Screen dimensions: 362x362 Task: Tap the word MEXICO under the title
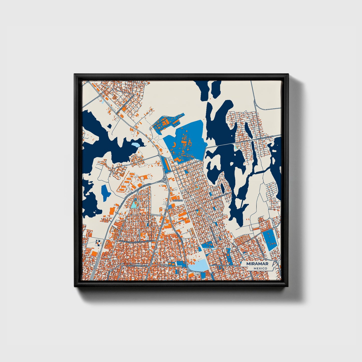click(260, 268)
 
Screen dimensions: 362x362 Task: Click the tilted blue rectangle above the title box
click(270, 240)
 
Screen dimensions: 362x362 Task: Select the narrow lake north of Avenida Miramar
click(249, 131)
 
